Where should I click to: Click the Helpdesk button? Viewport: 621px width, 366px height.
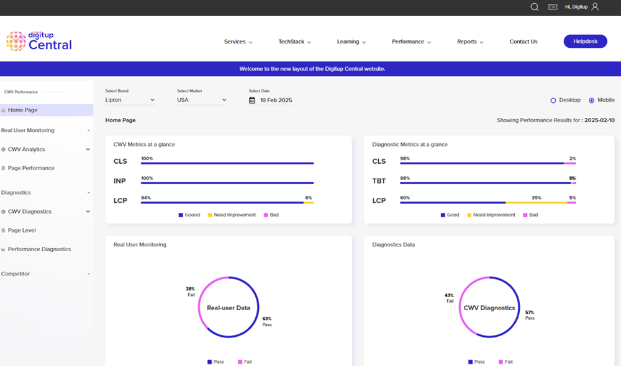(x=585, y=42)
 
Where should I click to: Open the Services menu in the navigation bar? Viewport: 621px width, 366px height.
(x=238, y=42)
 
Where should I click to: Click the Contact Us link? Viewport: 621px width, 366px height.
(x=523, y=42)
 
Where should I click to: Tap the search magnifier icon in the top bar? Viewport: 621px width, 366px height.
(x=534, y=7)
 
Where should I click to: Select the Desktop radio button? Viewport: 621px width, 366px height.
(x=553, y=100)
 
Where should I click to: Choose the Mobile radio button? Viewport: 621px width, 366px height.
(x=591, y=100)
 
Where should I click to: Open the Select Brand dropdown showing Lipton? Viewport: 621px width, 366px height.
(x=130, y=100)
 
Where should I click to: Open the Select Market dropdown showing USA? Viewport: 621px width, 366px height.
(x=201, y=100)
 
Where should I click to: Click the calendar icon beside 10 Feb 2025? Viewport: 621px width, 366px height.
(x=252, y=100)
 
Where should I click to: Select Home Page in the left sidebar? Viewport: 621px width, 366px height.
(x=23, y=110)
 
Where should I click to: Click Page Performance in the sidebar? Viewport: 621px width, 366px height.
(x=31, y=168)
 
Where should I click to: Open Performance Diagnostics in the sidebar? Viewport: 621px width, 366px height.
(x=39, y=249)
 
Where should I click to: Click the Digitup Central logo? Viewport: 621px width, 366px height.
(x=39, y=41)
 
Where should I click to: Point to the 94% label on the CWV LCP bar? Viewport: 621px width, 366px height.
(x=146, y=198)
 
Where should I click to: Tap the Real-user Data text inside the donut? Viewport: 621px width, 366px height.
(x=228, y=308)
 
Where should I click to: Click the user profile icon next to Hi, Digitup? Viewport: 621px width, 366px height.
(x=595, y=7)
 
